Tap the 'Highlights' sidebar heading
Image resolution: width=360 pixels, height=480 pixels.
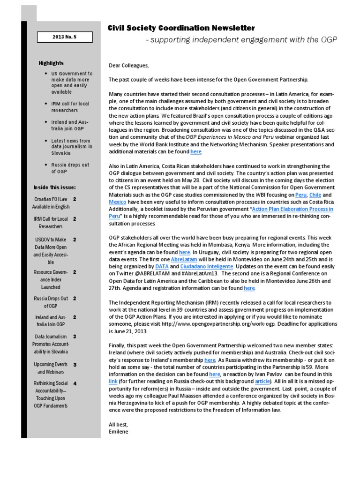(51, 63)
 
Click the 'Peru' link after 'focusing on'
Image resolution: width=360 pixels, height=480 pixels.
(301, 195)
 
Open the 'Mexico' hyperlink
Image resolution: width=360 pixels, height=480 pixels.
(118, 202)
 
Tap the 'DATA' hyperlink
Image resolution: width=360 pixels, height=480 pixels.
(162, 266)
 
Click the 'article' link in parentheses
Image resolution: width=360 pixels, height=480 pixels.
(262, 382)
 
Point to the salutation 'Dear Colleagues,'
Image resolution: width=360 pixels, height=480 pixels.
(128, 66)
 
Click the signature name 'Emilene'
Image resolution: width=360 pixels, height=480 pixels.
(119, 431)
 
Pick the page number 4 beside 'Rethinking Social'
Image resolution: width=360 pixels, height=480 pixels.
(75, 383)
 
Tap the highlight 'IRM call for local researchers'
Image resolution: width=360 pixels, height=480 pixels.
(70, 107)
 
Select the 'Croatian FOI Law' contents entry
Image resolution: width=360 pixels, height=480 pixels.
(51, 202)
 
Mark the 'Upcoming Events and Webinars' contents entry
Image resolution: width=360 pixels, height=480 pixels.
(51, 368)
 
